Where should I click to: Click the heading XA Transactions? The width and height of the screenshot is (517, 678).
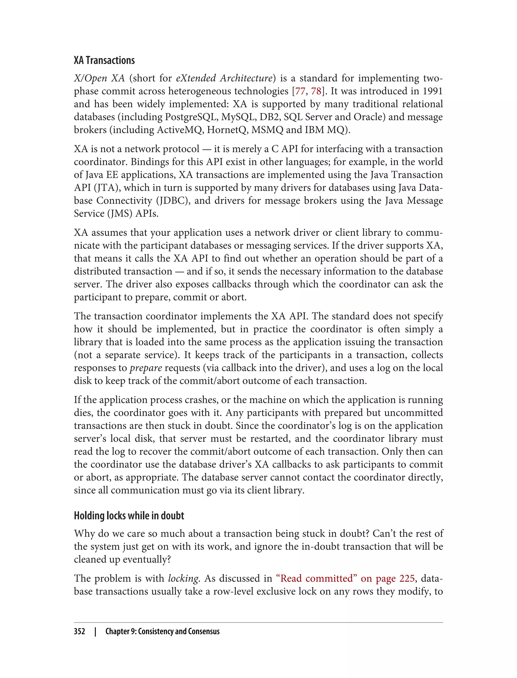tap(104, 61)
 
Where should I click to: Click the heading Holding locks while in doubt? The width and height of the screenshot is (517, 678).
tap(129, 515)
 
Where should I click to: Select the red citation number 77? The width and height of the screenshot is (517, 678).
tap(300, 91)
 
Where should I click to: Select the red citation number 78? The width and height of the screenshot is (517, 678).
tap(316, 91)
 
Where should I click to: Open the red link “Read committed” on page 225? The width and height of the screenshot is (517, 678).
tap(345, 578)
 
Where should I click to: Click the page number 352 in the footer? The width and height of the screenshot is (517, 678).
tap(80, 631)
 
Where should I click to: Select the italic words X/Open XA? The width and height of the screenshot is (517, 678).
tap(99, 78)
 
